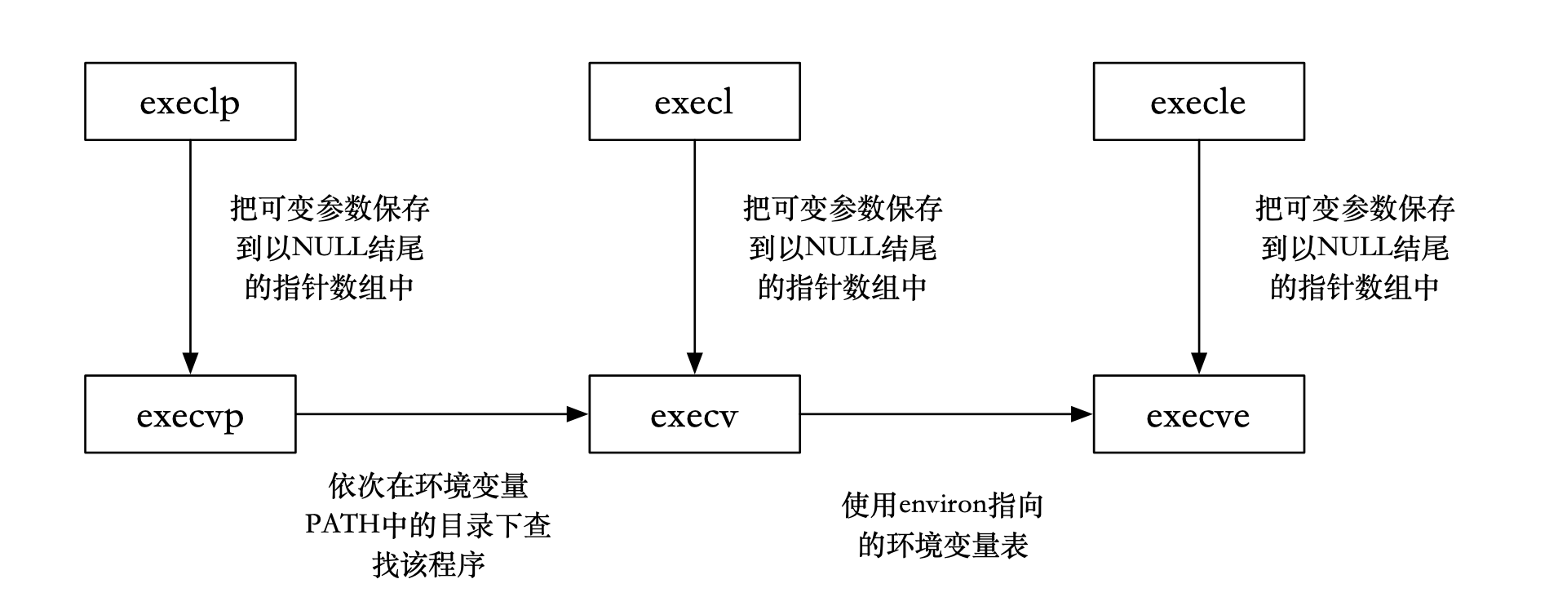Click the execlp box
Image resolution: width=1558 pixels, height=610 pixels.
click(190, 102)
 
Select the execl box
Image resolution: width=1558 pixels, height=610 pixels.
click(694, 102)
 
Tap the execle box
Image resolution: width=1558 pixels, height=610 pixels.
click(1198, 102)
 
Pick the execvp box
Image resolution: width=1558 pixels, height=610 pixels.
click(190, 414)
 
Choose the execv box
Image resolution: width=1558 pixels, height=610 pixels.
click(694, 414)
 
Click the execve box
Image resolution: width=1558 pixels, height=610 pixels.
click(1198, 414)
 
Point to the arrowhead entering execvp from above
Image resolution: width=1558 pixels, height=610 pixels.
click(190, 365)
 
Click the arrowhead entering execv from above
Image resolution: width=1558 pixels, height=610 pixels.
click(694, 365)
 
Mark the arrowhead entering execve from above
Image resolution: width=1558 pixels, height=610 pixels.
click(1198, 365)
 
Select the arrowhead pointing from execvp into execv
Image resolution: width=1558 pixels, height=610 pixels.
click(578, 414)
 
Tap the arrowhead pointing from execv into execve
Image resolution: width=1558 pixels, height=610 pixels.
click(1082, 414)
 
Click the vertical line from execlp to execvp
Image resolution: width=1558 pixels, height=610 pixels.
click(190, 245)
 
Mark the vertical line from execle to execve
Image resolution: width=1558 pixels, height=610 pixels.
click(1198, 245)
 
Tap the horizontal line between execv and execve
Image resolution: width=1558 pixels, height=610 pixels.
click(938, 414)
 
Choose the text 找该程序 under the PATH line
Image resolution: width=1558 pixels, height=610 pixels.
click(428, 564)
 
